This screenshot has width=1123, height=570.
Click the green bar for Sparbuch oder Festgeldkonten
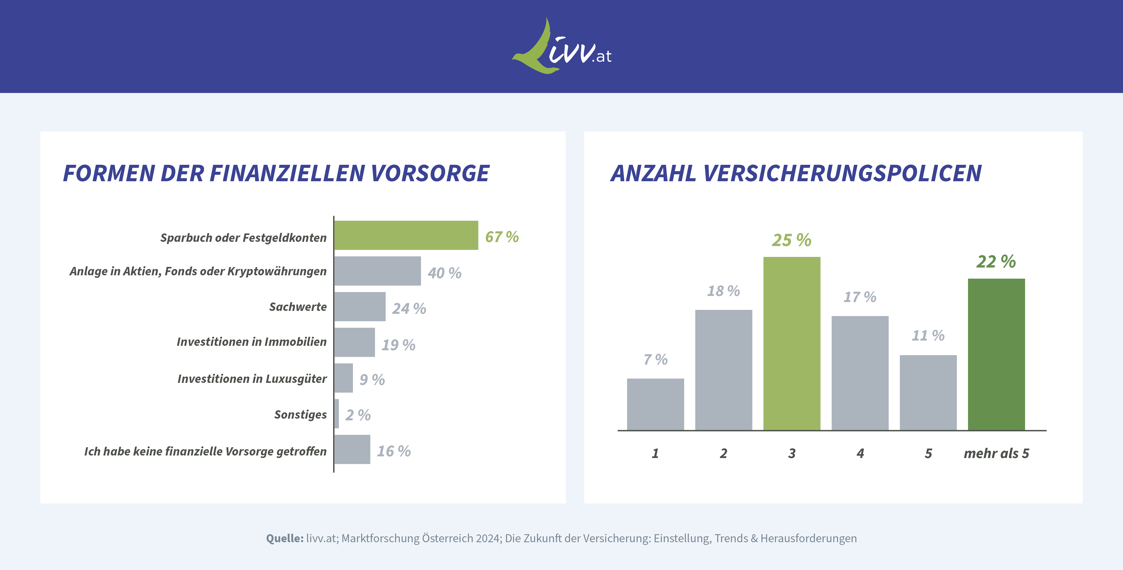pyautogui.click(x=406, y=235)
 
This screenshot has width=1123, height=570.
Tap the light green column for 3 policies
pyautogui.click(x=792, y=343)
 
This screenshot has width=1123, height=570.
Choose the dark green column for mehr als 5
pyautogui.click(x=996, y=354)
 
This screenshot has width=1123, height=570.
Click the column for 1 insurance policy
pyautogui.click(x=655, y=404)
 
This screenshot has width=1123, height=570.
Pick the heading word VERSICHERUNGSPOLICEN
pyautogui.click(x=842, y=173)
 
